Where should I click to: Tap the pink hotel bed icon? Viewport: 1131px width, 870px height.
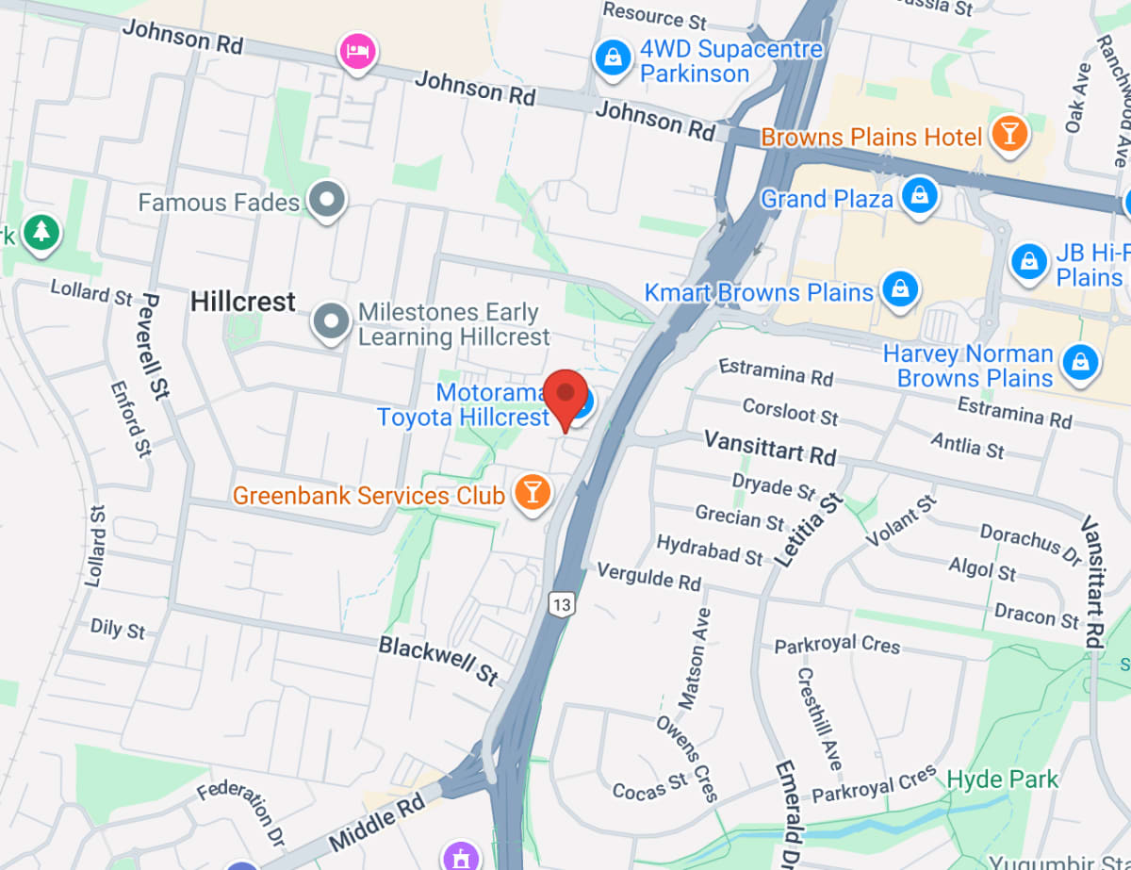[358, 49]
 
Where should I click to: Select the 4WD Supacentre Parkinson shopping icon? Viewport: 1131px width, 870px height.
[614, 58]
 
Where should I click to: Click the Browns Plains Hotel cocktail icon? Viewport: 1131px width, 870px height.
[1009, 136]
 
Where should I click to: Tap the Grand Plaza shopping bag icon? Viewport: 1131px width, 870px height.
[917, 197]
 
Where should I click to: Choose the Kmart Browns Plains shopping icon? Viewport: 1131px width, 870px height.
[901, 289]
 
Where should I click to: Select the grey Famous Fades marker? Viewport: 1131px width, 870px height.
[328, 200]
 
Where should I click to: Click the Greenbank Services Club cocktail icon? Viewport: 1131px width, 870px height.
[532, 493]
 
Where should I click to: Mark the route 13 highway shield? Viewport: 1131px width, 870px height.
[562, 604]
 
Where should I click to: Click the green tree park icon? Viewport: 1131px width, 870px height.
[41, 232]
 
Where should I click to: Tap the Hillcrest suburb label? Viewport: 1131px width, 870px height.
[243, 302]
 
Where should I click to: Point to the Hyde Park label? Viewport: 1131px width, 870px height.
[1003, 780]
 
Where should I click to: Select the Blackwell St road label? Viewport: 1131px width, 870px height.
[438, 660]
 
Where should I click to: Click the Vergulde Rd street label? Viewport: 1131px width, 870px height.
[649, 576]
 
